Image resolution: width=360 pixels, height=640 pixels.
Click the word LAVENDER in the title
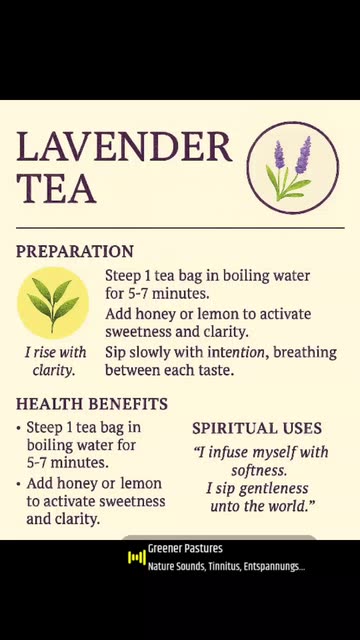click(124, 146)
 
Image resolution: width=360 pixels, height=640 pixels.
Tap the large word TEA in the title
click(56, 188)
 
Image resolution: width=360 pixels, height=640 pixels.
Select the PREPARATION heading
click(75, 251)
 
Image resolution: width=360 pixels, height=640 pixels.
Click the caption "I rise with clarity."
click(55, 361)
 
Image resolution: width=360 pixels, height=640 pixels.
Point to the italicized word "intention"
click(236, 352)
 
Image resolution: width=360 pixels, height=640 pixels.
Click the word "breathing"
click(305, 353)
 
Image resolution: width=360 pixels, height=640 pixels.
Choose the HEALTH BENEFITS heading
click(92, 404)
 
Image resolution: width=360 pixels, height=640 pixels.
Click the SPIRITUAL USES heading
click(257, 428)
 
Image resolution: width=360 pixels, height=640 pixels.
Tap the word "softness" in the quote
click(257, 470)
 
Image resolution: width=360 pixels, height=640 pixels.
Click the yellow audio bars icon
click(137, 557)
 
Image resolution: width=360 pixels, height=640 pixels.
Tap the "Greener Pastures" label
click(185, 549)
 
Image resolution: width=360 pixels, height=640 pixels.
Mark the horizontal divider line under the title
click(180, 227)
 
